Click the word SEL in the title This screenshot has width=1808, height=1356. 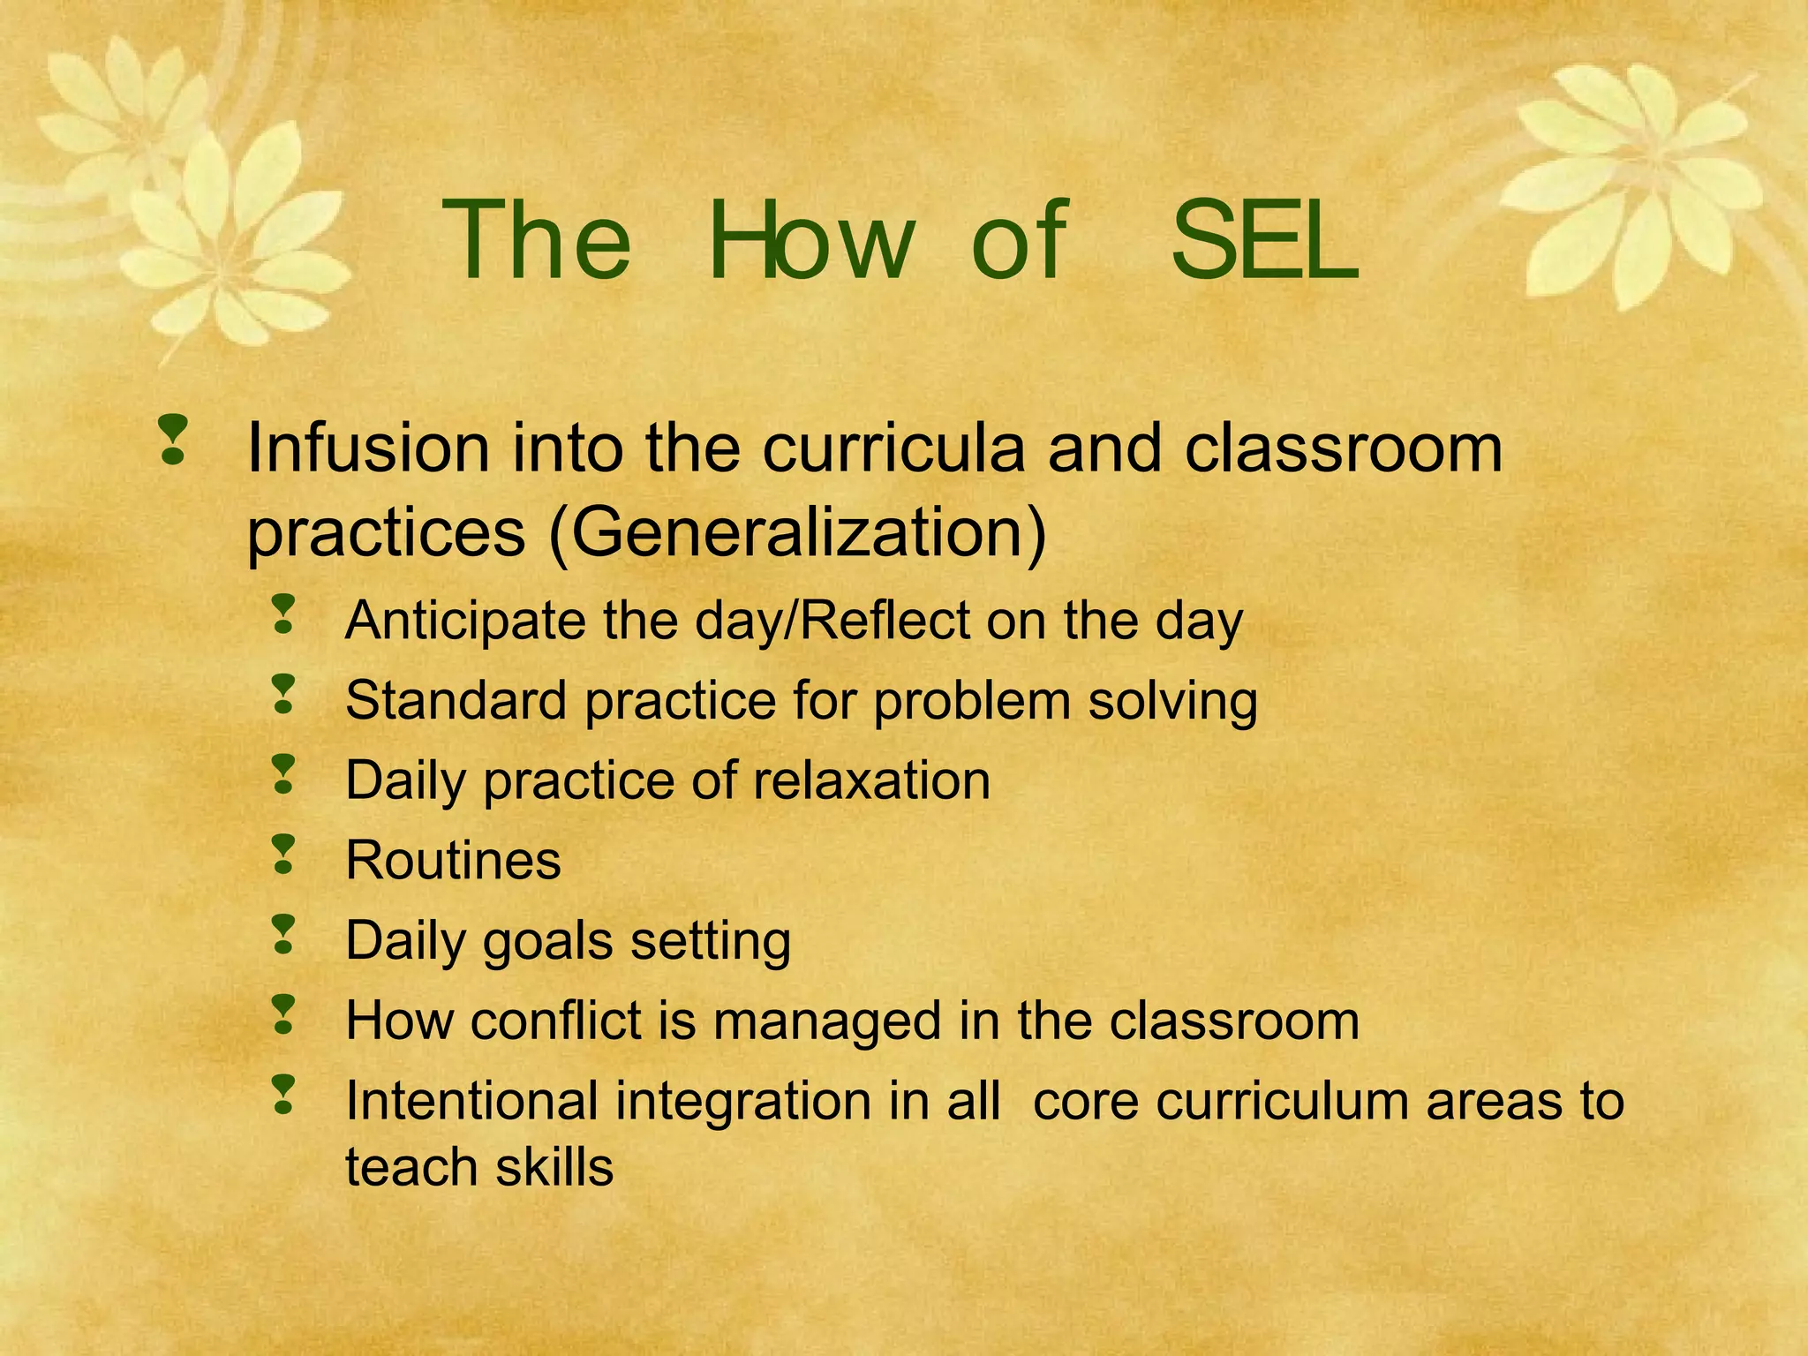pyautogui.click(x=1264, y=240)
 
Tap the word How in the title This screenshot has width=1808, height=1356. pyautogui.click(x=810, y=240)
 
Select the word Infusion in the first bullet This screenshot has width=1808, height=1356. pyautogui.click(x=367, y=448)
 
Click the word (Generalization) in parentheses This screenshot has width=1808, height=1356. pyautogui.click(x=797, y=532)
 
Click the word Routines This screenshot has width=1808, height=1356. pyautogui.click(x=453, y=861)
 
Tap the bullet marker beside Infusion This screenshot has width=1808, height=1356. pyautogui.click(x=173, y=440)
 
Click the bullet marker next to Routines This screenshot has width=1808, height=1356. pyautogui.click(x=283, y=855)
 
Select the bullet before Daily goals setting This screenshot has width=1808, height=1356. pyautogui.click(x=283, y=935)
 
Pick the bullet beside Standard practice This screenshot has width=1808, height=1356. pyautogui.click(x=283, y=695)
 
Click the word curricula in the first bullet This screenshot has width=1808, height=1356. pyautogui.click(x=894, y=448)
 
